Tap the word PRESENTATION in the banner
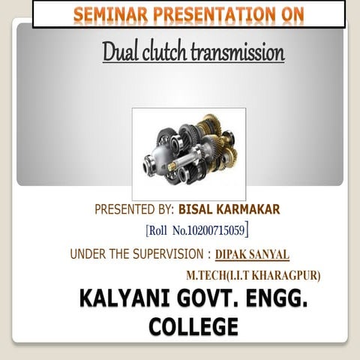pos(191,13)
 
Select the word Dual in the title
pos(119,54)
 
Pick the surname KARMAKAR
pos(249,208)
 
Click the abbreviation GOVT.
pos(202,302)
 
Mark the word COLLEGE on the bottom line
pos(193,327)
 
